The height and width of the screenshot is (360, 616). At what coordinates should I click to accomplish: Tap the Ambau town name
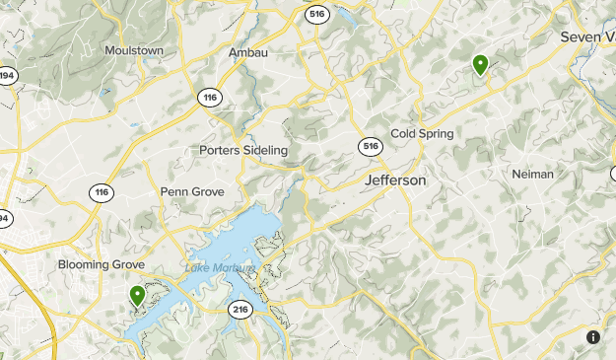click(x=247, y=52)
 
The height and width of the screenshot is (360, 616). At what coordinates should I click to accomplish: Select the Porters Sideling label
click(x=243, y=150)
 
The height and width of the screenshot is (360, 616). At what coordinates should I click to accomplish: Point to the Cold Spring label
click(x=422, y=133)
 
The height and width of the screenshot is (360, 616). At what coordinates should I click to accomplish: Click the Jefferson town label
click(x=395, y=180)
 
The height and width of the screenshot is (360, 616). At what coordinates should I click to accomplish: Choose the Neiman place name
click(x=532, y=174)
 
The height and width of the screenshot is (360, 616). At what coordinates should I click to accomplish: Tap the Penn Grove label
click(x=192, y=191)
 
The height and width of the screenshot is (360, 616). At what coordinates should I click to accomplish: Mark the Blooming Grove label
click(x=101, y=264)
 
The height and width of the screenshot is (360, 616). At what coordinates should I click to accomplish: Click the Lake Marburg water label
click(x=220, y=268)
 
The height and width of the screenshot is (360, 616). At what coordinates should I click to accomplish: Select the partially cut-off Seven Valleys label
click(x=587, y=36)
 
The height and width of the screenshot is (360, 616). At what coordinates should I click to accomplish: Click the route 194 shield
click(x=6, y=75)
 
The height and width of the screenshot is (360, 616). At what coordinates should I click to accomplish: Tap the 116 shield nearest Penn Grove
click(x=102, y=191)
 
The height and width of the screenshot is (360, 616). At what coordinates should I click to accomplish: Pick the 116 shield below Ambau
click(x=209, y=97)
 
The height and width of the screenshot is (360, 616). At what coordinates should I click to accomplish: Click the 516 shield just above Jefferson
click(x=370, y=146)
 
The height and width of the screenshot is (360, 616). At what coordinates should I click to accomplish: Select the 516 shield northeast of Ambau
click(x=316, y=14)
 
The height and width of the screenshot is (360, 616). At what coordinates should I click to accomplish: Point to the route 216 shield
click(x=240, y=310)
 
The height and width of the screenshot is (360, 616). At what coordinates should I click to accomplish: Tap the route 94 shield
click(x=3, y=218)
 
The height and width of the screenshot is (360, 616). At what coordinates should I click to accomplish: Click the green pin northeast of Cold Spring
click(x=480, y=65)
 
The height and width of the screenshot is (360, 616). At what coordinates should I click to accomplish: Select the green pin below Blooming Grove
click(x=137, y=295)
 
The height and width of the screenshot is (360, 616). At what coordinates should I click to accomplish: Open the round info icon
click(x=593, y=337)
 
